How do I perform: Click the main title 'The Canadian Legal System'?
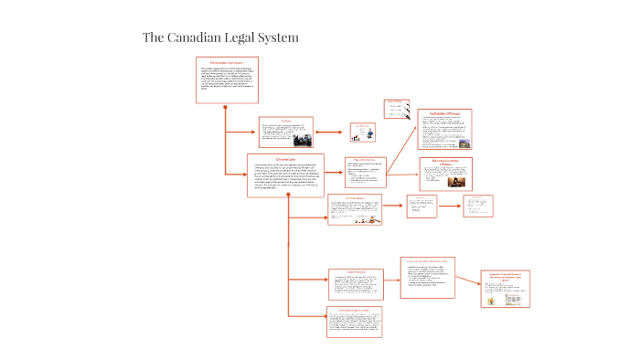point(220,37)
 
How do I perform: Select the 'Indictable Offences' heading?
point(444,113)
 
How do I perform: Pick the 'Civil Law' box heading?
point(286,120)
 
